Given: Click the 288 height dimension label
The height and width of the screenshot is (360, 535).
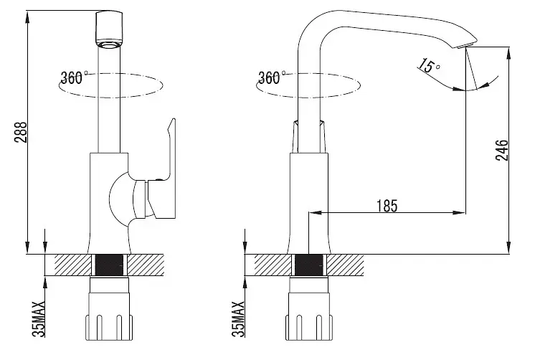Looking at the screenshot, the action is (21, 132).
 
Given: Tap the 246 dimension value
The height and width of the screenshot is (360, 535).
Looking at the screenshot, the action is (502, 150).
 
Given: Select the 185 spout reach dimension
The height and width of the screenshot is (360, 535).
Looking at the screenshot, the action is (387, 206).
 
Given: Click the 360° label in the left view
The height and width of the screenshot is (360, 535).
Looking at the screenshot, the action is (73, 77).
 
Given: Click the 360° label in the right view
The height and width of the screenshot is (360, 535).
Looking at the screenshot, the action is (271, 77).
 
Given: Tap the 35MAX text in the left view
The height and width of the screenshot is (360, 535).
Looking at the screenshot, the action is (39, 319).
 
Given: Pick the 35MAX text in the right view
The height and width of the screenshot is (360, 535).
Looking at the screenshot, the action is (238, 319).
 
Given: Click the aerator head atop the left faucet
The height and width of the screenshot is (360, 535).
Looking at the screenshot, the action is (109, 29).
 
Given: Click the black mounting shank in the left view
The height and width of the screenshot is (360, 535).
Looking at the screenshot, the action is (109, 265).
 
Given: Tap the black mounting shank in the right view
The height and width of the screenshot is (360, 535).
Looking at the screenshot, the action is (308, 265).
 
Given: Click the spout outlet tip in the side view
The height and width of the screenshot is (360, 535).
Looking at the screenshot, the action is (466, 45).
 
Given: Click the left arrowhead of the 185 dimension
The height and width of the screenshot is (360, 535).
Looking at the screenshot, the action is (315, 213).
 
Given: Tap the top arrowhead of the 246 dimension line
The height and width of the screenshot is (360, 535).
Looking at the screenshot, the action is (508, 53).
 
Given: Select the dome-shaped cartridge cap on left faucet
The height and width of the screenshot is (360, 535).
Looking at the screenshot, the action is (120, 199).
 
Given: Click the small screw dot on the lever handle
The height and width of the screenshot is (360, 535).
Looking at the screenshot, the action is (158, 179).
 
